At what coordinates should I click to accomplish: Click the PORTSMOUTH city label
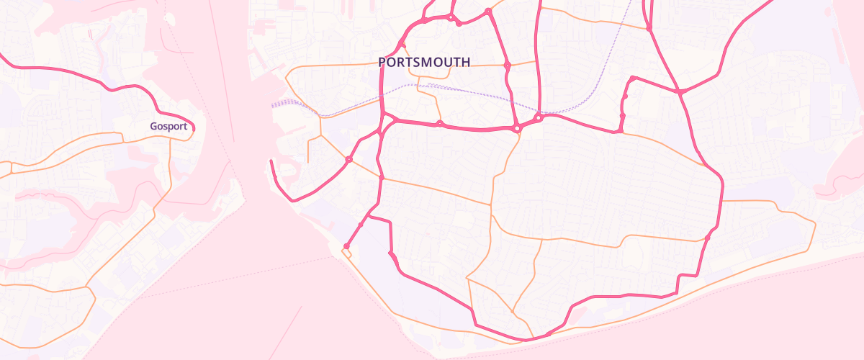[x=424, y=63]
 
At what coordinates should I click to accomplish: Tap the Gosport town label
[x=168, y=127]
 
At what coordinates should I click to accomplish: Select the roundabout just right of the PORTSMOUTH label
[x=508, y=66]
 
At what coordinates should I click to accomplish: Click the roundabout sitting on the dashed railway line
[x=538, y=117]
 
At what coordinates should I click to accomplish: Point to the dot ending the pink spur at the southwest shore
[x=346, y=246]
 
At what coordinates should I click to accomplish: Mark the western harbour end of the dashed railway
[x=273, y=105]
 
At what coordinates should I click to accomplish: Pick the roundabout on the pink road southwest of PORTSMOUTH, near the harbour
[x=348, y=159]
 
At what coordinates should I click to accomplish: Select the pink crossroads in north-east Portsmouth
[x=680, y=92]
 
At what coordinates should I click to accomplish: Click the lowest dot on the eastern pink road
[x=708, y=237]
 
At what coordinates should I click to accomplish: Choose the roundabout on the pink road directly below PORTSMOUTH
[x=439, y=124]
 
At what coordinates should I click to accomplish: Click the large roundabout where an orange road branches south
[x=517, y=129]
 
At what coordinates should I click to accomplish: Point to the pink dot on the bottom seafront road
[x=549, y=333]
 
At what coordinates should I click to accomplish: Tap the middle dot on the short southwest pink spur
[x=361, y=225]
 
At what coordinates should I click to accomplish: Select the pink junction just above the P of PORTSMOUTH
[x=403, y=45]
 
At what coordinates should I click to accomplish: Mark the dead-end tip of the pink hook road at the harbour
[x=271, y=161]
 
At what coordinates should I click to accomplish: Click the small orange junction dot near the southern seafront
[x=512, y=312]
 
